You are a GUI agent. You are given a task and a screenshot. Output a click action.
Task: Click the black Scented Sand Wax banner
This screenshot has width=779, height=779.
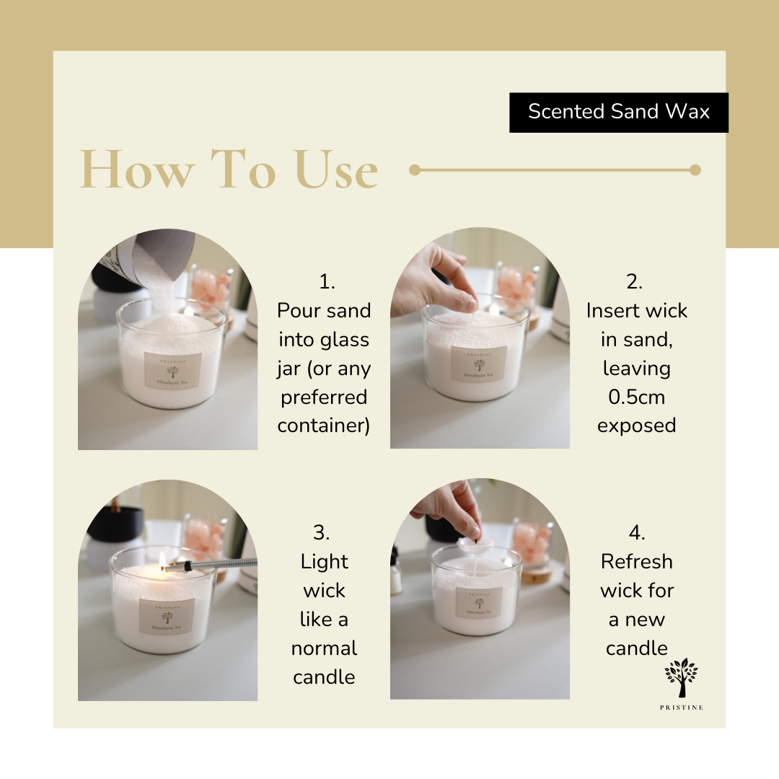coord(619,113)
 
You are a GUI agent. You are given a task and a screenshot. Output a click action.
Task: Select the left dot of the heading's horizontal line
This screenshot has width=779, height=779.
coord(415,170)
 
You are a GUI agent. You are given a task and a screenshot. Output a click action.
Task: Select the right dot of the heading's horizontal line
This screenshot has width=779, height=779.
coord(695,170)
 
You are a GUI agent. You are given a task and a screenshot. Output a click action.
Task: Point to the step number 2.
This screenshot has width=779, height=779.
coord(635,282)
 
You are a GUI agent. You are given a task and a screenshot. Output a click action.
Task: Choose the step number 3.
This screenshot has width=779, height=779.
coord(322,533)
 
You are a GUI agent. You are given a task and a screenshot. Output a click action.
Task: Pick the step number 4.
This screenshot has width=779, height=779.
coord(636,533)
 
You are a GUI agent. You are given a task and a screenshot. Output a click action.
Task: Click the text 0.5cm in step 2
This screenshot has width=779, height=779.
coord(635,397)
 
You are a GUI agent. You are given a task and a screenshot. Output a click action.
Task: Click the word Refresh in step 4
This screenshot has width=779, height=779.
coord(636,562)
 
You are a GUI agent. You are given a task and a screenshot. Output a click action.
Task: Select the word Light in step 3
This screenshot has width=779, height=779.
coord(324,562)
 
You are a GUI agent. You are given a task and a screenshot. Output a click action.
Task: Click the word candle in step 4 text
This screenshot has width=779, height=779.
coord(636,648)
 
